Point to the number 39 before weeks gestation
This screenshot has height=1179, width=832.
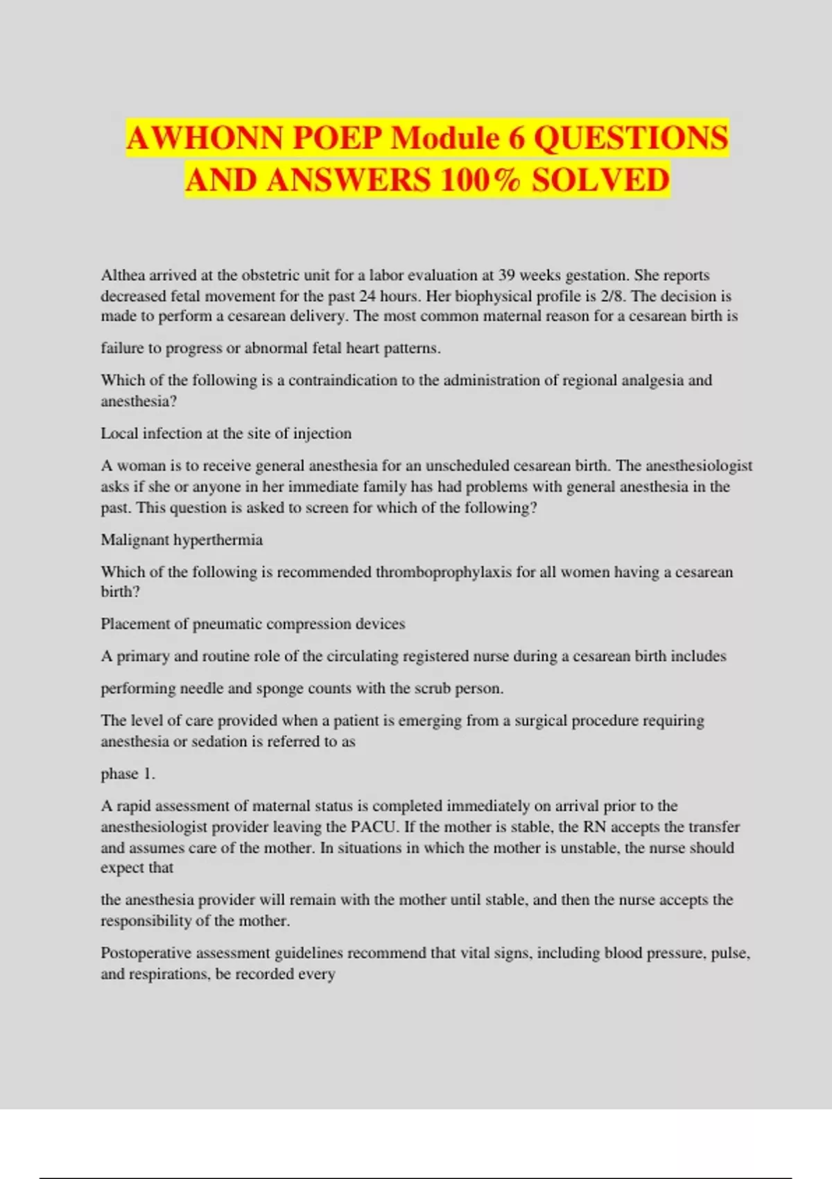[x=506, y=275]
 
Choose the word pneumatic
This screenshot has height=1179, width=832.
[x=227, y=624]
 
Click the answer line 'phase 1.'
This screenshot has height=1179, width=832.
[x=128, y=774]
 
